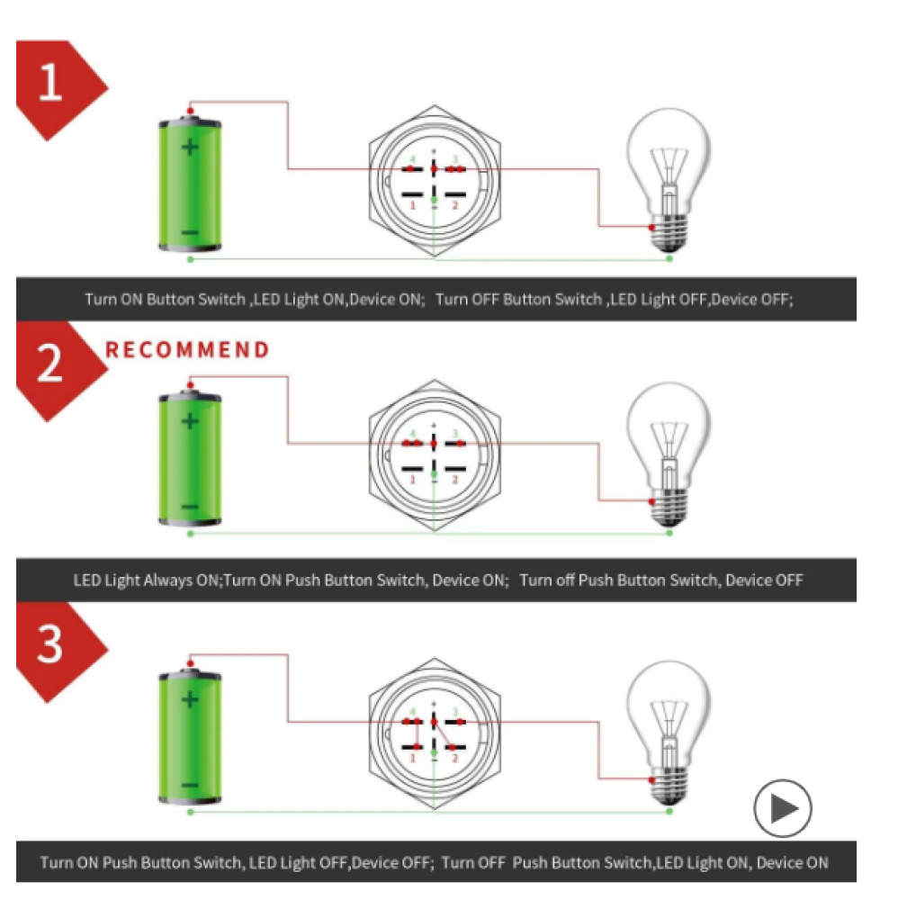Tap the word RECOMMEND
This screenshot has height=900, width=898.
pos(187,349)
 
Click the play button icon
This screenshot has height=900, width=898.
pos(783,808)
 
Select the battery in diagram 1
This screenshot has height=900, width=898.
pos(190,184)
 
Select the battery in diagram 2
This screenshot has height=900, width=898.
pos(190,458)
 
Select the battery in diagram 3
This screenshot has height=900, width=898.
pos(190,736)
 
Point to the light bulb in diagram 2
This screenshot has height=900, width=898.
pos(669,454)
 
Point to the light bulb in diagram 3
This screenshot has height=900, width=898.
pos(669,733)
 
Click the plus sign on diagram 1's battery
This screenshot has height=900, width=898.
pos(190,147)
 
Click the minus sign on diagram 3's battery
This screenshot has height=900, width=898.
pos(190,785)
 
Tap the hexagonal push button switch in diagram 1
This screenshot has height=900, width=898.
pos(435,181)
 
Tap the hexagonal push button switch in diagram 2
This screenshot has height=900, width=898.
pos(435,455)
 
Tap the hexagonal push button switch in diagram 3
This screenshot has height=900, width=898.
pos(435,733)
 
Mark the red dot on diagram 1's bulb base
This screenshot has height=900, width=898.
pos(651,228)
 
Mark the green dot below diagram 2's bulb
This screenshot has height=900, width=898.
pos(669,533)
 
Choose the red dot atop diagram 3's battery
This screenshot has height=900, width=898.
pos(190,663)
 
